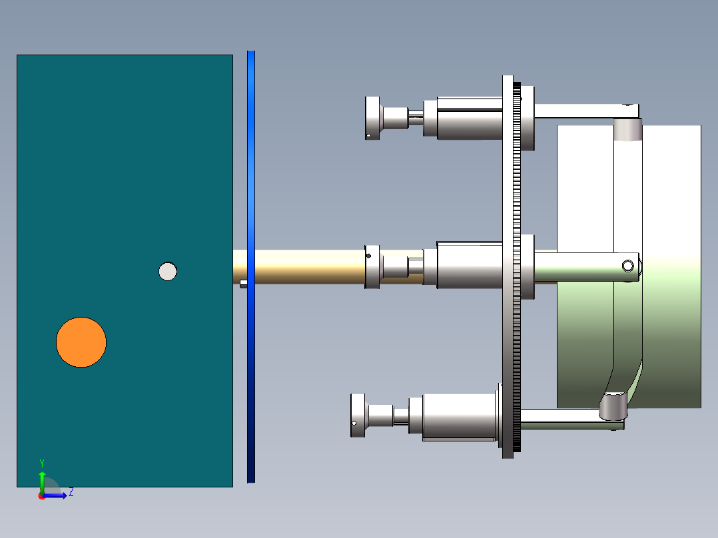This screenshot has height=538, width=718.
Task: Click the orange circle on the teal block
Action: pyautogui.click(x=81, y=342)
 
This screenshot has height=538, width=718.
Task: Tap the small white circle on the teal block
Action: pyautogui.click(x=168, y=271)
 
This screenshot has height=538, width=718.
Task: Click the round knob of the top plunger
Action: pyautogui.click(x=373, y=118)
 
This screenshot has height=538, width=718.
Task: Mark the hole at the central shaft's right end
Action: pyautogui.click(x=627, y=266)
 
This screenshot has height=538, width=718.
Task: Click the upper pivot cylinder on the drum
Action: pyautogui.click(x=627, y=130)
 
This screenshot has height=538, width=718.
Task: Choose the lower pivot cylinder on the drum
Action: pyautogui.click(x=613, y=405)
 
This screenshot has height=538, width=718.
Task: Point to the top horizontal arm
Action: pyautogui.click(x=579, y=111)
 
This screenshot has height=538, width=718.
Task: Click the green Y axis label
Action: pyautogui.click(x=42, y=463)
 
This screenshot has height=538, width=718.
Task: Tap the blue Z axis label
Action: pyautogui.click(x=71, y=493)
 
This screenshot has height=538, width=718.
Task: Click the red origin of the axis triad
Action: pyautogui.click(x=41, y=496)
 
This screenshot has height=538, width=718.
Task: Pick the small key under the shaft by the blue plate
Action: pyautogui.click(x=244, y=284)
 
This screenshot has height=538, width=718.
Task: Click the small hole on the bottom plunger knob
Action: pyautogui.click(x=354, y=423)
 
